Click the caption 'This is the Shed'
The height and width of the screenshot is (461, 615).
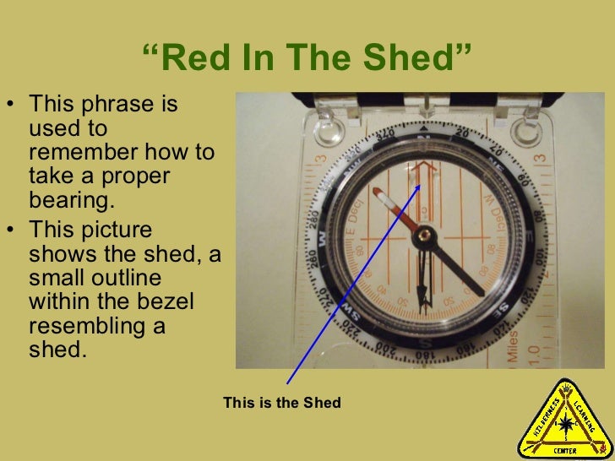(x=282, y=403)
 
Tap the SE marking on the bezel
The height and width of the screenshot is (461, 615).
(x=500, y=309)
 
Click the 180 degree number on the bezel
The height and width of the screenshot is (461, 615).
(x=424, y=357)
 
